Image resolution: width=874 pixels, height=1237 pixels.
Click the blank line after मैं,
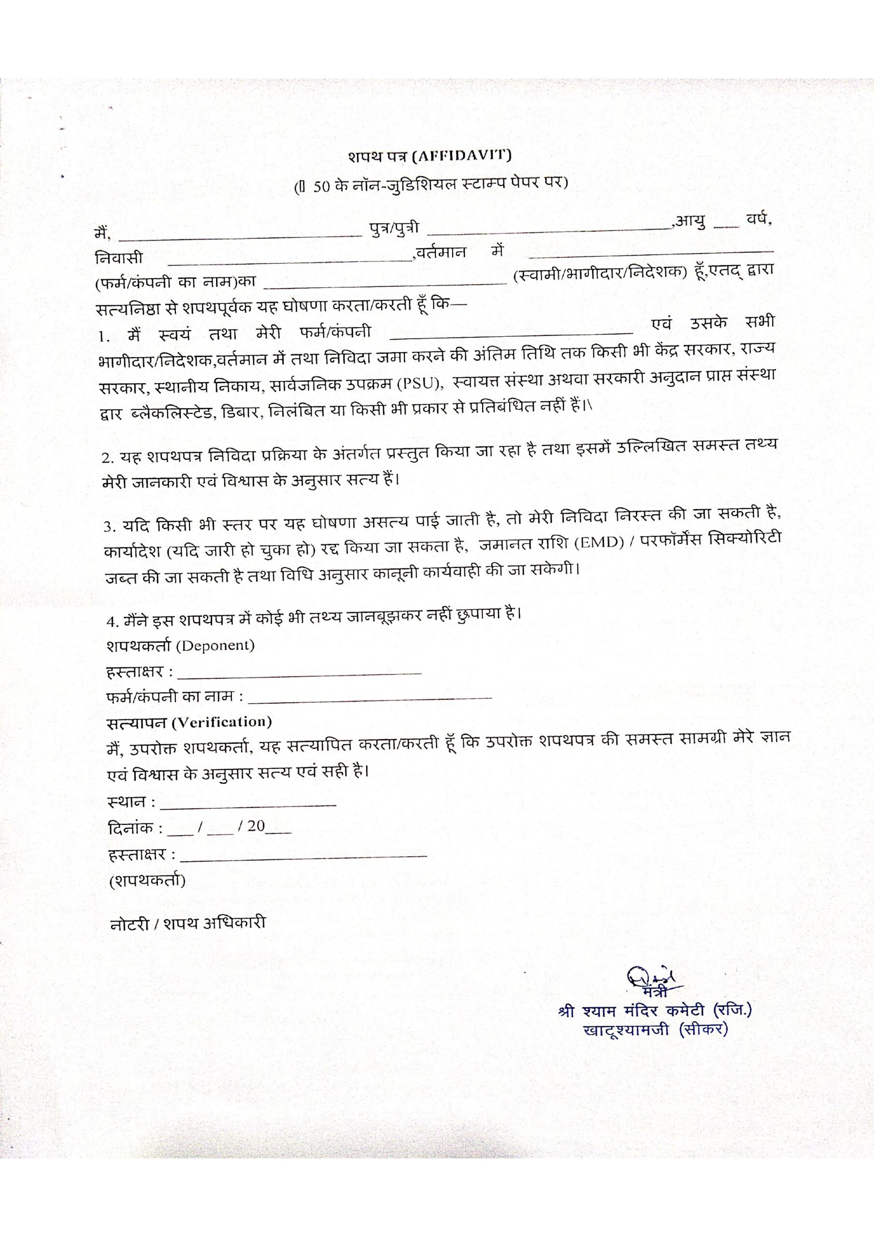[240, 235]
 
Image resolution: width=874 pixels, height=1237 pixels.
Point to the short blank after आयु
[726, 226]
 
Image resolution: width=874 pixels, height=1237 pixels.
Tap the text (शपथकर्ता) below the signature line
[147, 881]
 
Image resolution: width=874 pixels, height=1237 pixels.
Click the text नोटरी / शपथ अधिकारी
[187, 923]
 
